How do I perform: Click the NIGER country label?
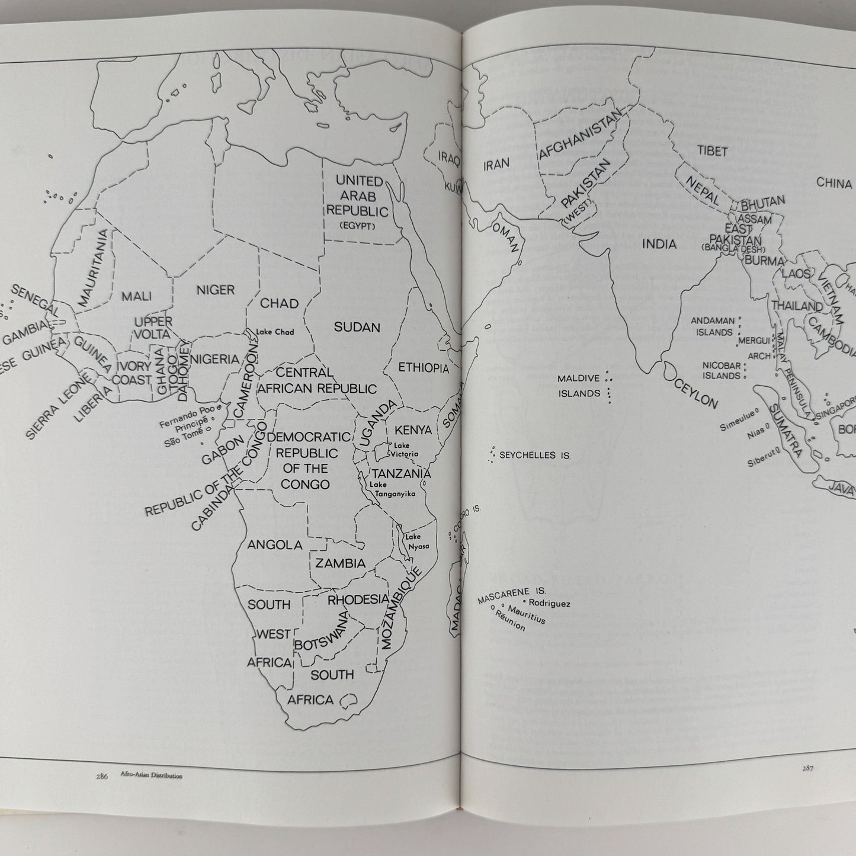tap(216, 290)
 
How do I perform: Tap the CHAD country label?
tap(280, 303)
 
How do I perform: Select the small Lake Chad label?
tap(275, 332)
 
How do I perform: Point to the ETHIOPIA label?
tap(424, 368)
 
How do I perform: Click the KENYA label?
tap(413, 429)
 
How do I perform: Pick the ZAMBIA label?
tap(340, 563)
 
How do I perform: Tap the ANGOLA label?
tap(275, 545)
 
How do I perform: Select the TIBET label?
tap(712, 152)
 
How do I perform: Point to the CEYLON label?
tap(695, 393)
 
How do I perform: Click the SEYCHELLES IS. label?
tap(535, 456)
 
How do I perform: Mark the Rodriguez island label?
tap(549, 603)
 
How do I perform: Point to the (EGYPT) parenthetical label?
tap(358, 226)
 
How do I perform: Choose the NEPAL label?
tap(703, 191)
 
